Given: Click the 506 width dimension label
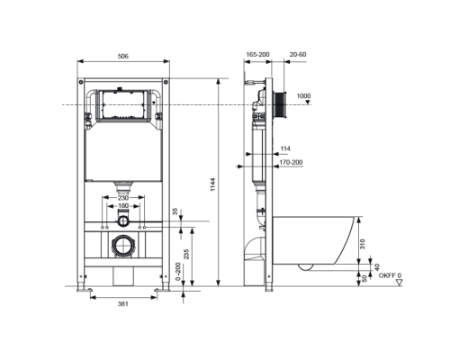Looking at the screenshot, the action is [123, 56].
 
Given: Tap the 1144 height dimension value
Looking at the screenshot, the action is [212, 184].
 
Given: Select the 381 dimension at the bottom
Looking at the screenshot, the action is [123, 304].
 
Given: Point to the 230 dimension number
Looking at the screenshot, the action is [123, 198].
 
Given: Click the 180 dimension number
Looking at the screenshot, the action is [123, 206].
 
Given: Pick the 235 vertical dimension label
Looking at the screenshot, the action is [186, 255].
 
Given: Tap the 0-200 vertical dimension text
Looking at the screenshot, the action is [178, 272].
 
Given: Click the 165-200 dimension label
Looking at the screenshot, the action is [257, 55].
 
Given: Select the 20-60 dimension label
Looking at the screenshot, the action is [298, 55].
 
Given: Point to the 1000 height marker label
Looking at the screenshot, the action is [303, 96].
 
